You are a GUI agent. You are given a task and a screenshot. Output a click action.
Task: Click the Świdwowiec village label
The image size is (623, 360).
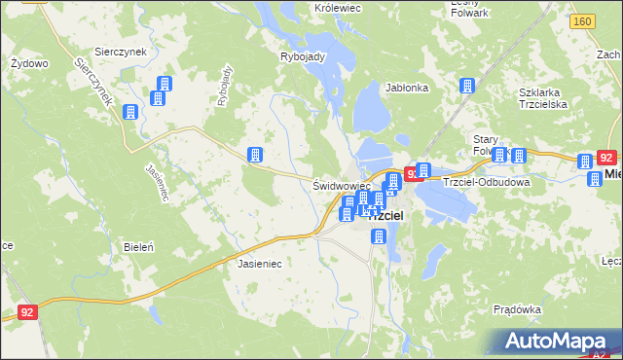[x=341, y=185]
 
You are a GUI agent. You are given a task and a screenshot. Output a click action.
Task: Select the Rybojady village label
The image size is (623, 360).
[x=301, y=56]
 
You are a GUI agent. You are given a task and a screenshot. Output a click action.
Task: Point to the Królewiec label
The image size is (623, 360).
[x=338, y=7]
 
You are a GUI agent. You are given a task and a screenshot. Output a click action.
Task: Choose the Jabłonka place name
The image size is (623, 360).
[x=407, y=88]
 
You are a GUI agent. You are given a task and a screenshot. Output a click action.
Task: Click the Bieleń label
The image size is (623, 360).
[x=138, y=247]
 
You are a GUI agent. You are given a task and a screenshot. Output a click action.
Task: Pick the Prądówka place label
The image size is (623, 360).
[x=517, y=309]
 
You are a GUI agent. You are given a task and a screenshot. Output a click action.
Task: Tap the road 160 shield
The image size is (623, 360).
[x=583, y=21]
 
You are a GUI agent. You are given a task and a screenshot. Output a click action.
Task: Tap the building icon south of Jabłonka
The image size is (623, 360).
[x=465, y=86]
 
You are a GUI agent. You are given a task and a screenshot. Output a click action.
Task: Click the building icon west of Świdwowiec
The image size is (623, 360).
[x=255, y=155]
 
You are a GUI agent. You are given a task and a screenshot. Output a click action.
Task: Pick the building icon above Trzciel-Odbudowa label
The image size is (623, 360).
[x=424, y=171]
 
